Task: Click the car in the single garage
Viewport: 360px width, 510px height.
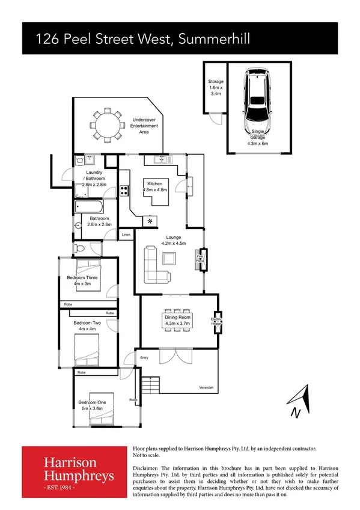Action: (257, 102)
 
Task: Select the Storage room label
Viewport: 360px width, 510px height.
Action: (216, 87)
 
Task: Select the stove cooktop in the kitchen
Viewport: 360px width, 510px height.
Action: (124, 191)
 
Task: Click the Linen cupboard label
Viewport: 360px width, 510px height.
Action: (126, 234)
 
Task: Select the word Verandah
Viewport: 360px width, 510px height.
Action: (206, 388)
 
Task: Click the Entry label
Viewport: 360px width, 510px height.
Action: (144, 358)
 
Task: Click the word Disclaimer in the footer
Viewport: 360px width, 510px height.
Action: (145, 467)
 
